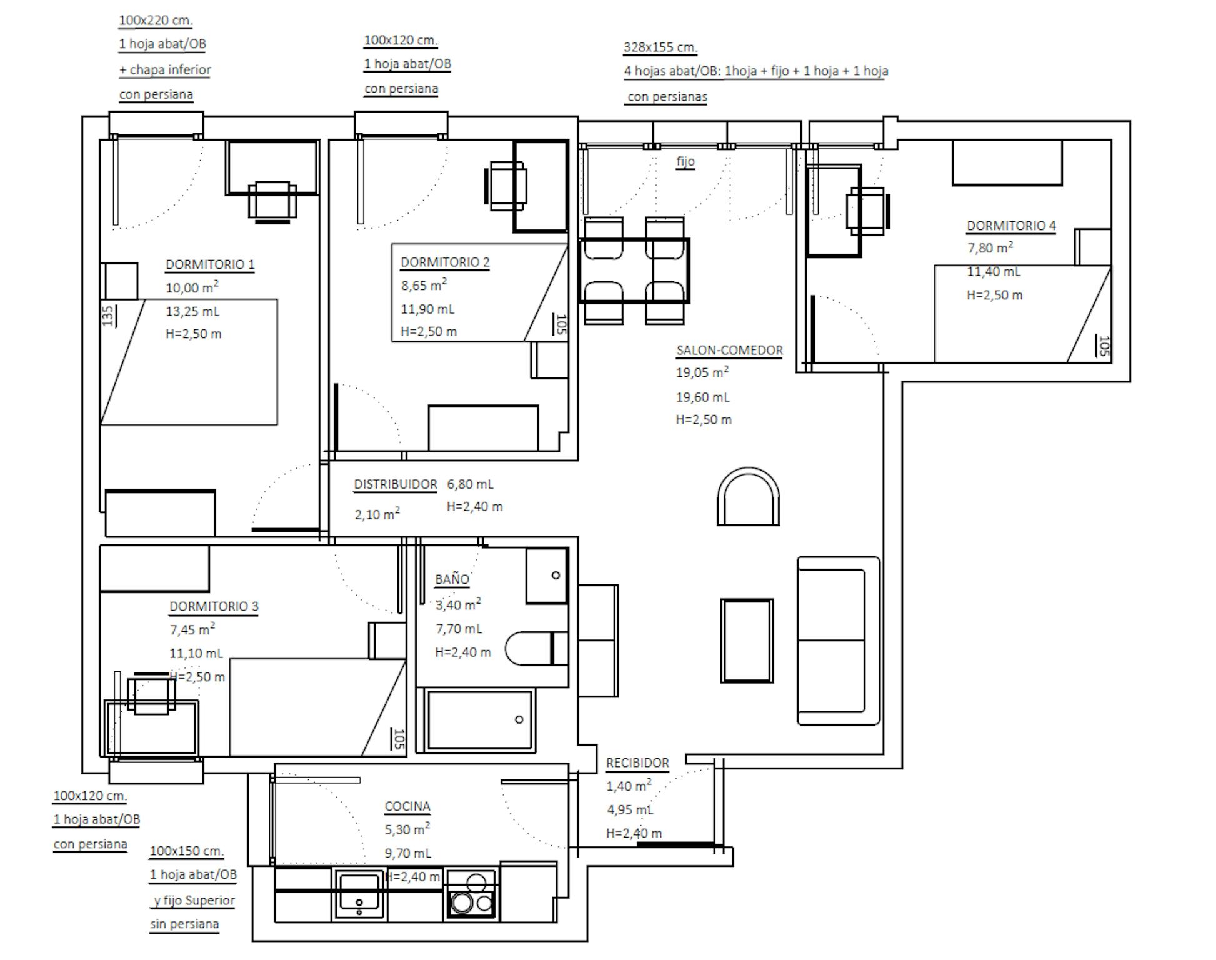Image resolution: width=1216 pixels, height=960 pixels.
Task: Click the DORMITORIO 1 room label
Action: [x=210, y=264]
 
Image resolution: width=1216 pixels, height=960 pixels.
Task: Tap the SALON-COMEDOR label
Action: [x=729, y=351]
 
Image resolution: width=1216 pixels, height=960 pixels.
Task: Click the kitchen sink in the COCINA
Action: [x=359, y=894]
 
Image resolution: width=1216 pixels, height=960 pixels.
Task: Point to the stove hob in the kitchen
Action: [x=472, y=895]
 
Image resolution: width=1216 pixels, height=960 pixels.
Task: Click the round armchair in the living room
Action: [x=748, y=496]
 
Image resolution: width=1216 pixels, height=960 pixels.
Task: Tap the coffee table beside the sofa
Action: [x=747, y=641]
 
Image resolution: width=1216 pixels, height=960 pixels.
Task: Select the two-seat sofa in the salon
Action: [x=839, y=641]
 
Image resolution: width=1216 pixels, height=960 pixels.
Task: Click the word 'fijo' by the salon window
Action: [x=685, y=161]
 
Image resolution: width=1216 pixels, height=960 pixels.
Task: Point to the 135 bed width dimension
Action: [x=107, y=316]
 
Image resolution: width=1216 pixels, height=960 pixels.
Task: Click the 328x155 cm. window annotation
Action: [x=660, y=47]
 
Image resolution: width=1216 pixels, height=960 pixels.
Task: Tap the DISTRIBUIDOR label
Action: [x=396, y=485]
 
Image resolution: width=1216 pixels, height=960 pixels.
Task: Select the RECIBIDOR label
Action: [x=637, y=763]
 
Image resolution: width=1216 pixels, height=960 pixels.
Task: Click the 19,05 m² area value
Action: [x=702, y=372]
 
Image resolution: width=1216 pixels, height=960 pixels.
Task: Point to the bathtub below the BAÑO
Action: [x=479, y=720]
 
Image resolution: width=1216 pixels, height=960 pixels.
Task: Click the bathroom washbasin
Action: [x=547, y=576]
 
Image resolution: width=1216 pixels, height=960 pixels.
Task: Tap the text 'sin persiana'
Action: [x=184, y=924]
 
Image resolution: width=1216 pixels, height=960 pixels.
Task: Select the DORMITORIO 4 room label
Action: [x=1011, y=226]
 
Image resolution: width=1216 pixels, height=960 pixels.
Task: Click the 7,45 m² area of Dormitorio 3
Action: [x=192, y=629]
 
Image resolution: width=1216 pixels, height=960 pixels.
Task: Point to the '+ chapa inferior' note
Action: [x=165, y=70]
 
